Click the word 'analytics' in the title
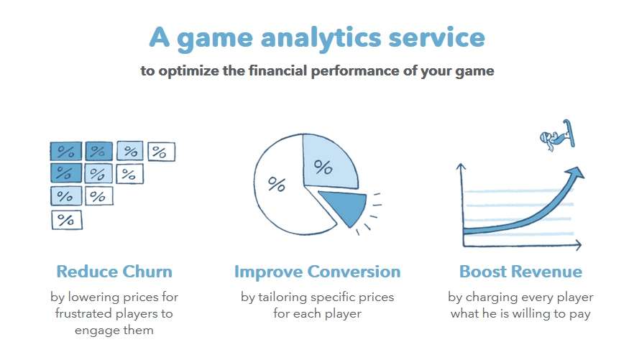pos(321,39)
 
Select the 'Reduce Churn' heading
pos(114,272)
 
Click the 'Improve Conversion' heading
pos(318,272)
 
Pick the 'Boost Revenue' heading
pos(520,272)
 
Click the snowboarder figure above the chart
pos(558,135)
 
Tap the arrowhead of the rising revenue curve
pos(576,173)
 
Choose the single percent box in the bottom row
pos(67,220)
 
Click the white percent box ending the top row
pos(161,152)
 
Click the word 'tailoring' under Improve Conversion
pos(282,297)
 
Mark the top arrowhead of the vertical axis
pos(461,166)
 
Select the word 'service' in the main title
pos(436,37)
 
